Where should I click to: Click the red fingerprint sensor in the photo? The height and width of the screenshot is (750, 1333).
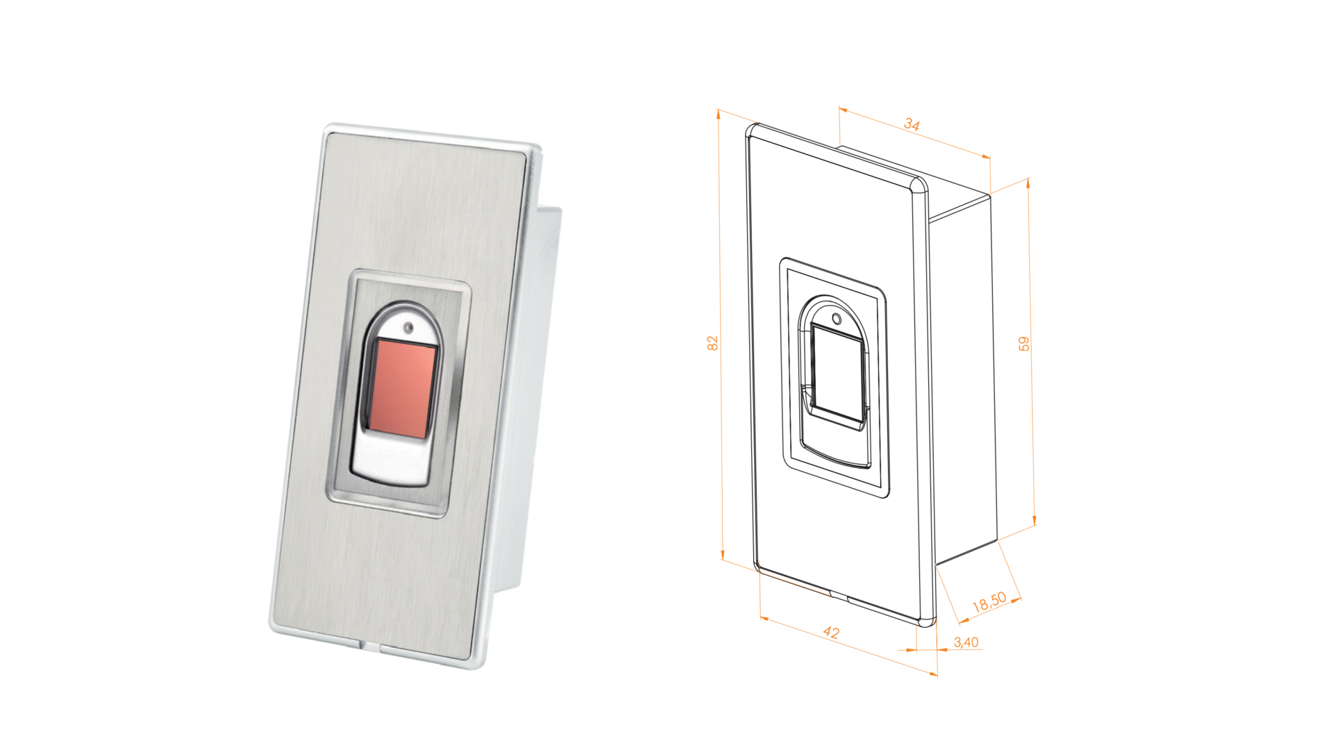(401, 388)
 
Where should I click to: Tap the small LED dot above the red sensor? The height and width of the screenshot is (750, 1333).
(408, 327)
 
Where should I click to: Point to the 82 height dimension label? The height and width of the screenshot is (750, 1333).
(712, 343)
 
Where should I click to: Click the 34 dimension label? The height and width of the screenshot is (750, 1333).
(912, 124)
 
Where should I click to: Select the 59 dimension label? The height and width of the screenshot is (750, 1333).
(1024, 344)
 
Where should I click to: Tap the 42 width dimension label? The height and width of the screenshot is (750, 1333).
(831, 632)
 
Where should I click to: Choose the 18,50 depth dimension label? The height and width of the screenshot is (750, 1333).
(989, 601)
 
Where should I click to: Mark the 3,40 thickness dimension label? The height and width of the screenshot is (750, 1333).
(966, 642)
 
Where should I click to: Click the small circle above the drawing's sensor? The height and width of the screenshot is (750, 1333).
(837, 319)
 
